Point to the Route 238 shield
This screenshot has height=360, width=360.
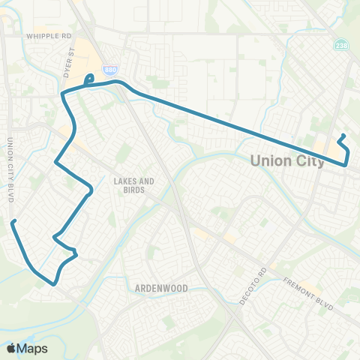tap(341, 46)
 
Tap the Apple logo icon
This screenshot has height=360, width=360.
tap(11, 348)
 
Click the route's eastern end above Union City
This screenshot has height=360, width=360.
tap(343, 136)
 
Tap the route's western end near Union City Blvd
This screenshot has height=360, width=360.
tap(13, 221)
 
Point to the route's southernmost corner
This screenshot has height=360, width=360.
tap(54, 283)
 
